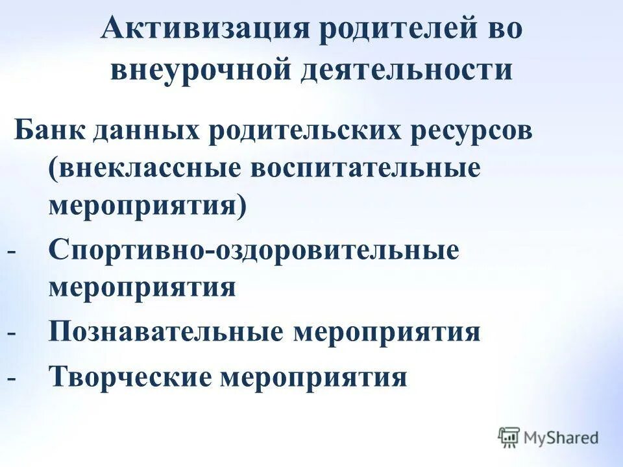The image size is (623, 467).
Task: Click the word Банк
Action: click(49, 130)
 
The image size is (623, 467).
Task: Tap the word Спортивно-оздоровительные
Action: click(254, 250)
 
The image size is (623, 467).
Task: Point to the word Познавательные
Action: click(165, 332)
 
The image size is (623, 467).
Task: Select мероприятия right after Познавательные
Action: click(387, 332)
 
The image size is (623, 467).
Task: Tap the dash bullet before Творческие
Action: click(11, 377)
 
